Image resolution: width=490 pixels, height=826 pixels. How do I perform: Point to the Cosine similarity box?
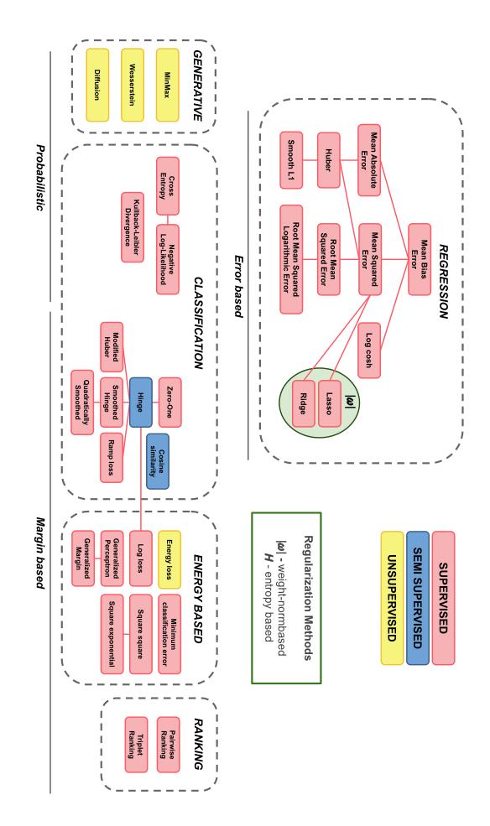tap(158, 449)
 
